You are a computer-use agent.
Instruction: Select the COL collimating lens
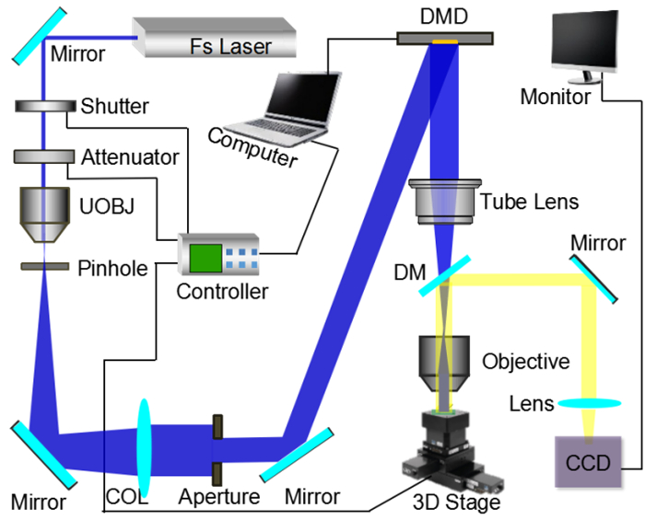coord(146,446)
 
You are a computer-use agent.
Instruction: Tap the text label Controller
coord(221,292)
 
